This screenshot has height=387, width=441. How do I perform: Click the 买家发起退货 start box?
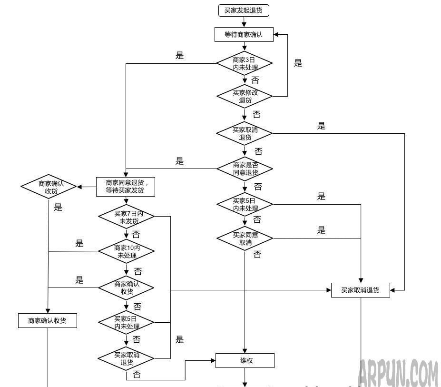pyautogui.click(x=244, y=10)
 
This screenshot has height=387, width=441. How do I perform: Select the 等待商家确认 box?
pyautogui.click(x=244, y=34)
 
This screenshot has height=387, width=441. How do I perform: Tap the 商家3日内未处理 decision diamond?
pyautogui.click(x=245, y=63)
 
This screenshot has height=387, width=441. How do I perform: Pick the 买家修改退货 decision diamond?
pyautogui.click(x=245, y=96)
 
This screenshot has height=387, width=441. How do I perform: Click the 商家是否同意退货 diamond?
pyautogui.click(x=245, y=169)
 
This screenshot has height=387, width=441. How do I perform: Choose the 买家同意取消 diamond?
pyautogui.click(x=245, y=238)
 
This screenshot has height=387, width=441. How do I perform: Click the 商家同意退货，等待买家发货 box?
pyautogui.click(x=126, y=186)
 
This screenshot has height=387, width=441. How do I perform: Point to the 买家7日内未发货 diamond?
pyautogui.click(x=126, y=217)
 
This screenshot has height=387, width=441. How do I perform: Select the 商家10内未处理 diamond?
pyautogui.click(x=126, y=251)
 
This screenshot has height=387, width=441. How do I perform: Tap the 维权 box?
pyautogui.click(x=245, y=360)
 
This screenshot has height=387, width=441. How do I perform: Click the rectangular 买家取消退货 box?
pyautogui.click(x=360, y=290)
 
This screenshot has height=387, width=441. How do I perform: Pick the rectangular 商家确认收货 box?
pyautogui.click(x=47, y=320)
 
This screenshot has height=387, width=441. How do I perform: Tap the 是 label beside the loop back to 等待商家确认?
pyautogui.click(x=298, y=63)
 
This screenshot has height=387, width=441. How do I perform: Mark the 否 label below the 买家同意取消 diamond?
pyautogui.click(x=257, y=255)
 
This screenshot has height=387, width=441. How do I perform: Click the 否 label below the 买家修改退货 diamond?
pyautogui.click(x=256, y=115)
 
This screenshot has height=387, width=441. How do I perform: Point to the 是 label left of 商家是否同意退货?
pyautogui.click(x=179, y=161)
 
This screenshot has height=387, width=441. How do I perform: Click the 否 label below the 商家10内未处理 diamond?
pyautogui.click(x=138, y=272)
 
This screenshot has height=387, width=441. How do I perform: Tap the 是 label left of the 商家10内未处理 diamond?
pyautogui.click(x=79, y=244)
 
